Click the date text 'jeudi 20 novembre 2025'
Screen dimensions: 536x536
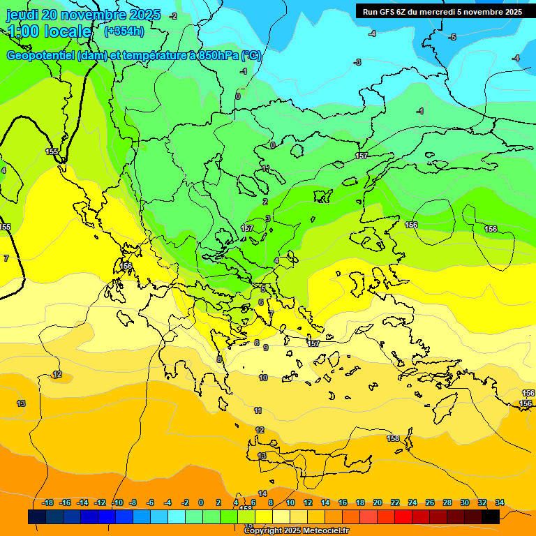pyautogui.click(x=83, y=15)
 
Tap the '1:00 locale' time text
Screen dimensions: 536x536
pyautogui.click(x=49, y=31)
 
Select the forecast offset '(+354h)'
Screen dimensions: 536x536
pyautogui.click(x=124, y=31)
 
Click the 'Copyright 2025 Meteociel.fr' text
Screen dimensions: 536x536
pyautogui.click(x=296, y=530)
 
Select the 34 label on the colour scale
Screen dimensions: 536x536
pyautogui.click(x=500, y=502)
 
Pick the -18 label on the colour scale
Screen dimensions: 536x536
pyautogui.click(x=47, y=502)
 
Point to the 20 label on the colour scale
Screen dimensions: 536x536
pyautogui.click(x=378, y=502)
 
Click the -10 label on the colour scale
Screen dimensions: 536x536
pyautogui.click(x=117, y=502)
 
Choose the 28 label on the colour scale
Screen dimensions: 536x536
pyautogui.click(x=447, y=502)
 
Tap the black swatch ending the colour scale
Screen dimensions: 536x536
pyautogui.click(x=491, y=516)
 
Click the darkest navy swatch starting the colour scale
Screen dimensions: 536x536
pyautogui.click(x=37, y=516)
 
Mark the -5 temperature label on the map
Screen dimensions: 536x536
pyautogui.click(x=452, y=37)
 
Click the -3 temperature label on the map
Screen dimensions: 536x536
pyautogui.click(x=357, y=63)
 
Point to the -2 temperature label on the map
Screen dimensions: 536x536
pyautogui.click(x=173, y=16)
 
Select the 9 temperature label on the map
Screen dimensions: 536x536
pyautogui.click(x=266, y=347)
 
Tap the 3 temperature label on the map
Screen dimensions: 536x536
pyautogui.click(x=268, y=219)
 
